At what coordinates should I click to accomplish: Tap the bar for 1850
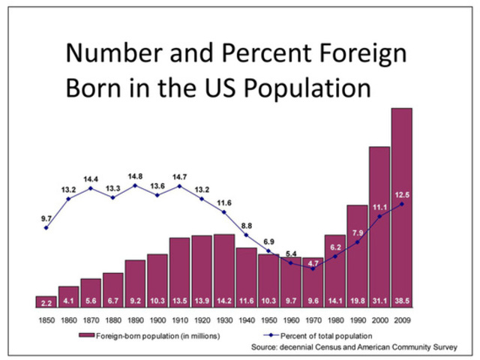pyautogui.click(x=46, y=301)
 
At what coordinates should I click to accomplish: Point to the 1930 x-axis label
pyautogui.click(x=224, y=320)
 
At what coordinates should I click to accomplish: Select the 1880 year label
pyautogui.click(x=112, y=320)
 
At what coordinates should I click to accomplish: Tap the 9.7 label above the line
pyautogui.click(x=46, y=218)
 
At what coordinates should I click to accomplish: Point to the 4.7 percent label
pyautogui.click(x=313, y=262)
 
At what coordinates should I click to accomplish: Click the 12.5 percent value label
pyautogui.click(x=402, y=195)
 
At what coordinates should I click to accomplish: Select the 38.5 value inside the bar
pyautogui.click(x=401, y=302)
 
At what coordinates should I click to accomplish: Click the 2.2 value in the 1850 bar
pyautogui.click(x=46, y=302)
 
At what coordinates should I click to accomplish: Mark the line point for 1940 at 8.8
pyautogui.click(x=246, y=235)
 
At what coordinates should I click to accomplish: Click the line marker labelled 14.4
pyautogui.click(x=91, y=187)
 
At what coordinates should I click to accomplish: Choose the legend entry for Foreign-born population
pyautogui.click(x=150, y=335)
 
